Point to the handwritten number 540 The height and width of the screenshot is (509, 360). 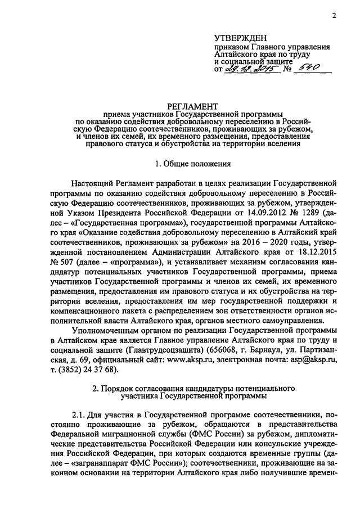(308, 68)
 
